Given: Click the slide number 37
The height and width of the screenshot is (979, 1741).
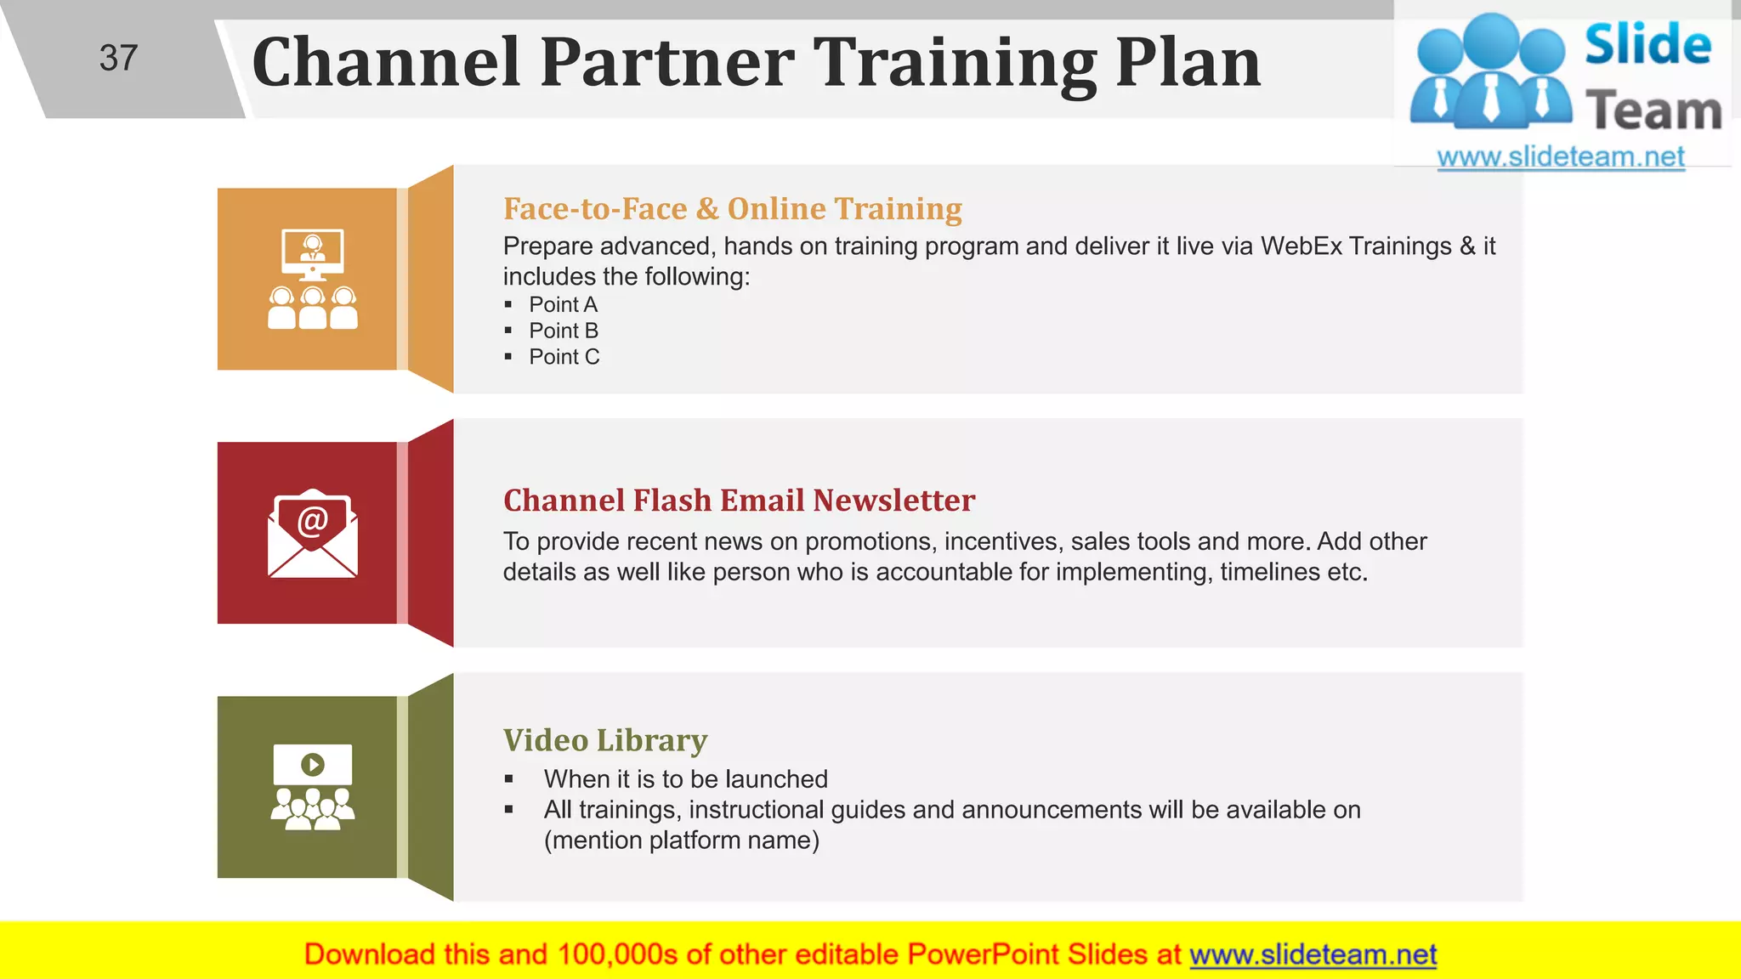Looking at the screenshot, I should click(x=118, y=59).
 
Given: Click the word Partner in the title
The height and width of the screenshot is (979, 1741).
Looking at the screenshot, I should click(x=667, y=63).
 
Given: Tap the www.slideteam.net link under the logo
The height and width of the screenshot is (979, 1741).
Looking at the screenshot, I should click(x=1561, y=157).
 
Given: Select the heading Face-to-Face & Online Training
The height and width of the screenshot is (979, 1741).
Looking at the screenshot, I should click(x=732, y=209).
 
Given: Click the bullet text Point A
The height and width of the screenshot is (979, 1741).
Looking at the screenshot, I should click(x=563, y=305).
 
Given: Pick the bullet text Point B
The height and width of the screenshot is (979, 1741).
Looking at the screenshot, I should click(x=564, y=331).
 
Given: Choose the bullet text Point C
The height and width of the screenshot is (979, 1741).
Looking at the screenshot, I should click(x=564, y=358).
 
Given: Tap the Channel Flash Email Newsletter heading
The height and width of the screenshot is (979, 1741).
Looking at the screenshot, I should click(x=739, y=501).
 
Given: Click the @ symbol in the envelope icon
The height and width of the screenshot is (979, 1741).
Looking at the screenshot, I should click(x=313, y=520).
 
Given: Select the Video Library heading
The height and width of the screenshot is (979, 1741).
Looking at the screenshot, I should click(x=604, y=741).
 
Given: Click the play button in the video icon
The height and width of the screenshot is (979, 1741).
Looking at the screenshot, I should click(x=313, y=765).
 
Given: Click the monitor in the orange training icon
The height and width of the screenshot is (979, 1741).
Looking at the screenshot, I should click(x=313, y=252).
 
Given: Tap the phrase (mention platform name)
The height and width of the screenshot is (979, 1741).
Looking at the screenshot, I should click(x=682, y=841).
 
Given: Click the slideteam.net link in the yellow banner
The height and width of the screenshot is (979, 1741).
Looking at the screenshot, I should click(x=1313, y=955).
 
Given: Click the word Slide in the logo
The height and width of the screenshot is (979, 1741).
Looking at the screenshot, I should click(x=1647, y=45).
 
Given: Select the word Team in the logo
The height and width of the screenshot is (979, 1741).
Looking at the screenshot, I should click(x=1653, y=111).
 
